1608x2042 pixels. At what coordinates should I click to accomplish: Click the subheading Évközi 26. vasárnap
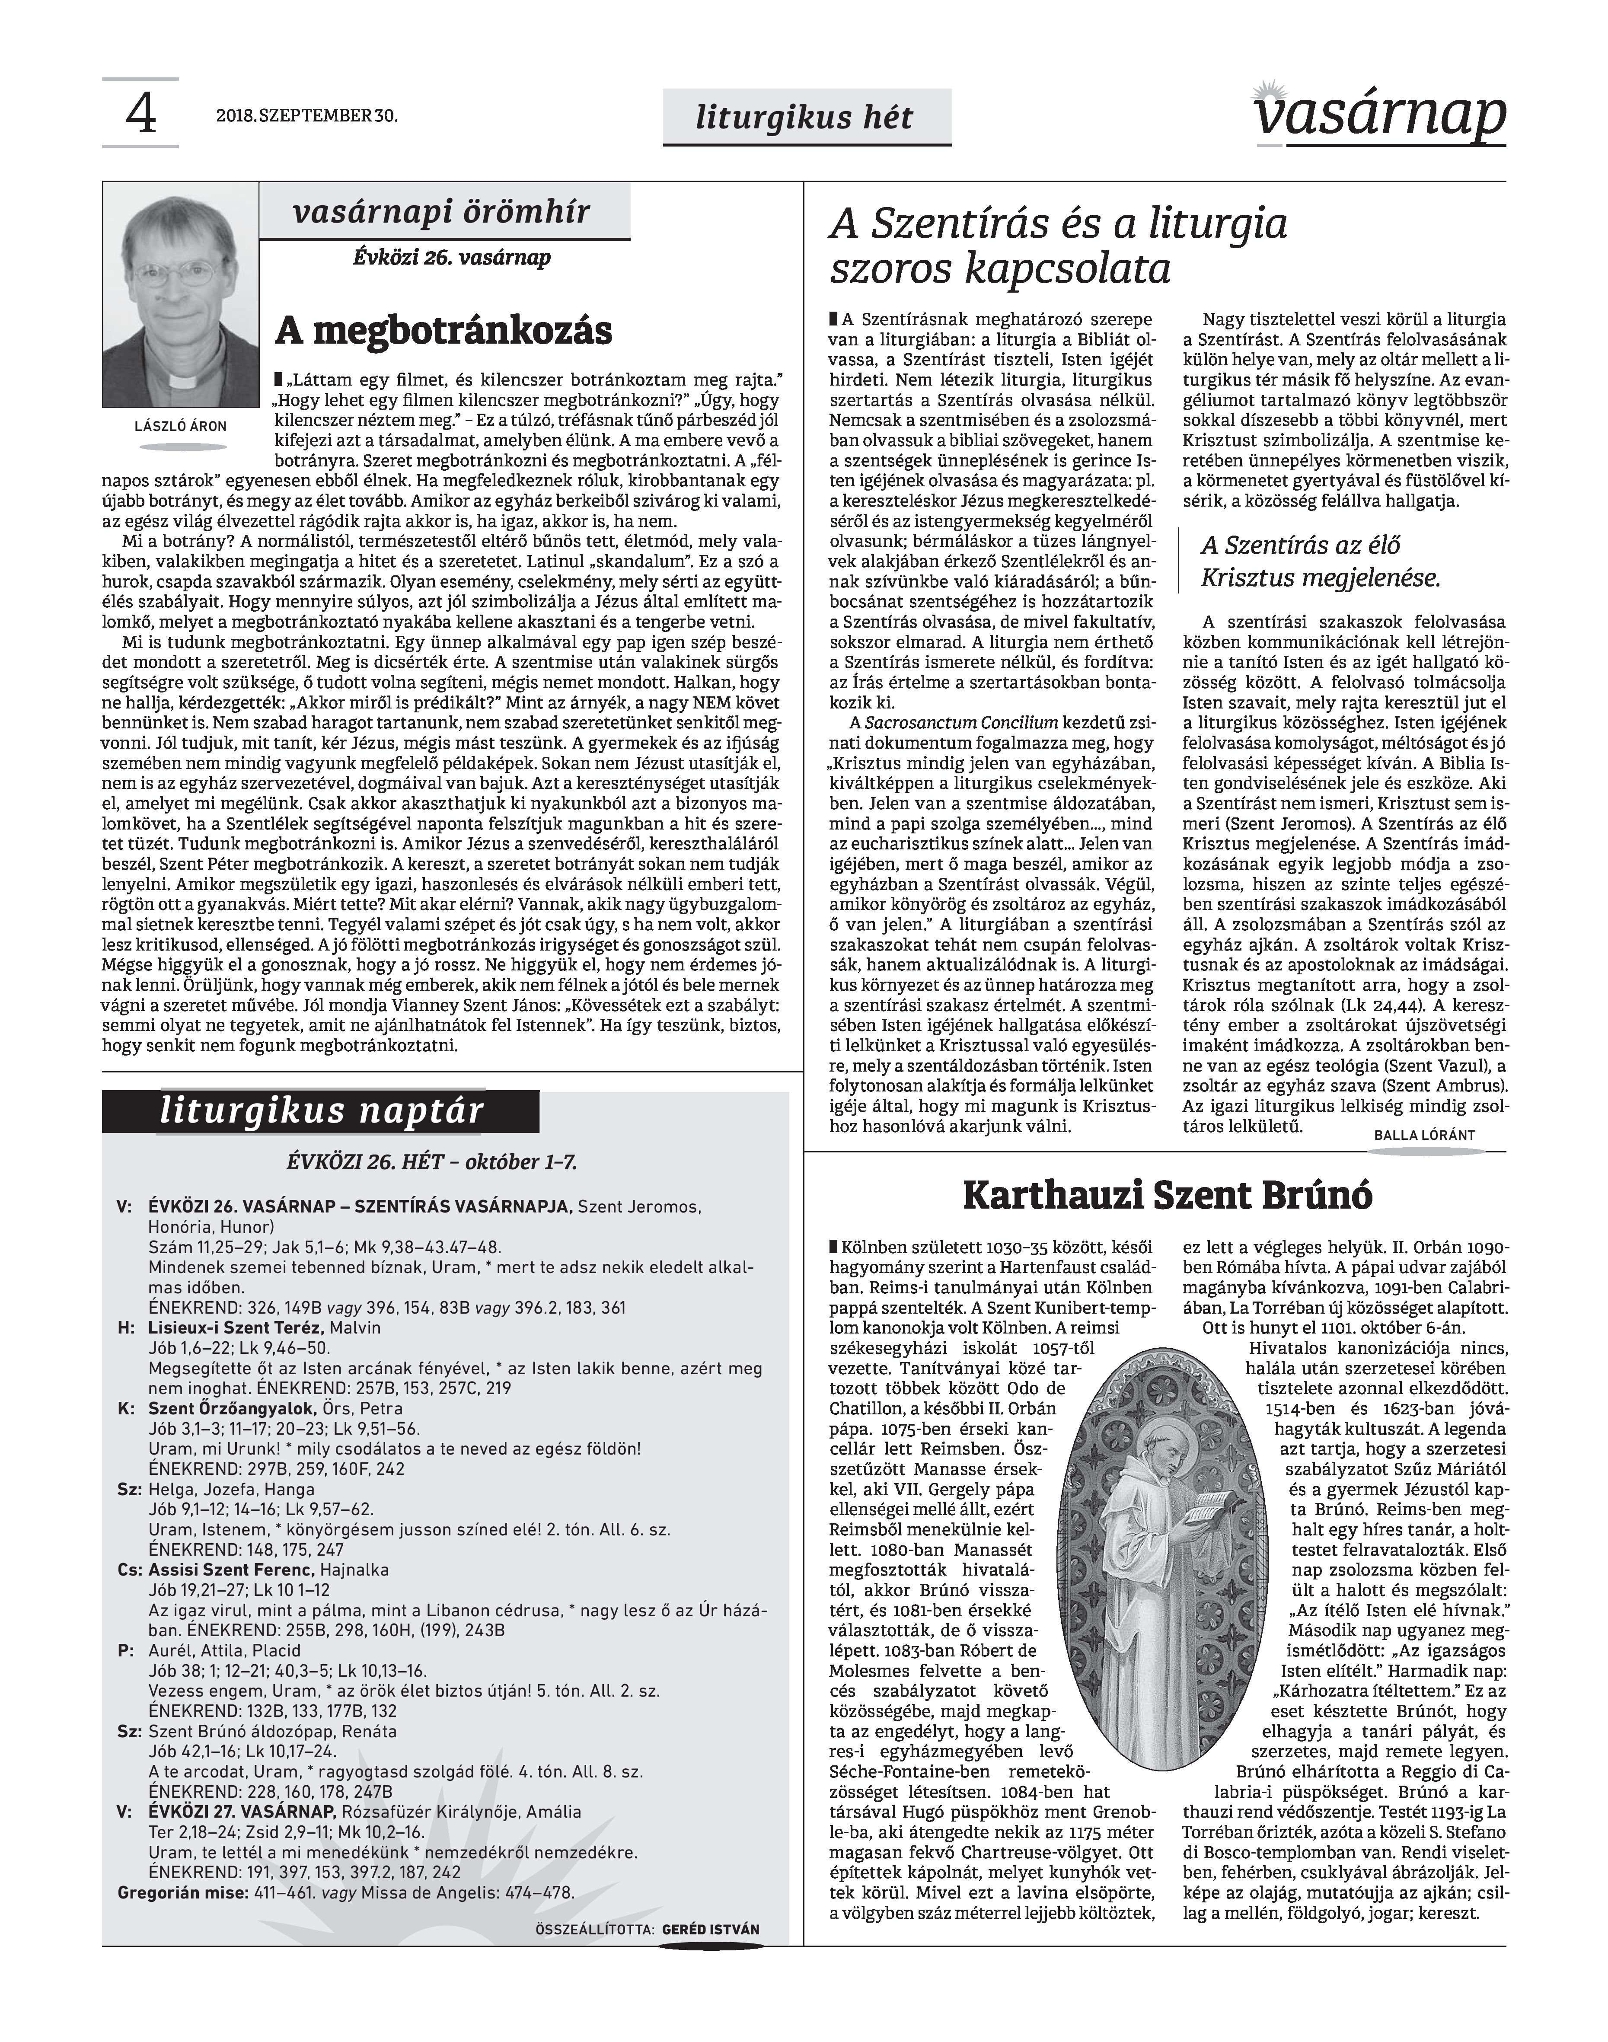pos(452,257)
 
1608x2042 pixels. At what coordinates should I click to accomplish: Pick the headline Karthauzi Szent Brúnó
pos(1168,1196)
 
